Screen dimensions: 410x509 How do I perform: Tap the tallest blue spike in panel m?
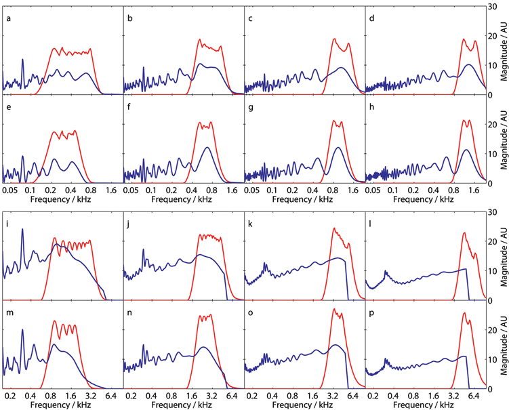pos(22,330)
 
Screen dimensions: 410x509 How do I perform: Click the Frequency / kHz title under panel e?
pos(62,201)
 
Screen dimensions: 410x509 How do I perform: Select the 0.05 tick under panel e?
pos(10,191)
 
